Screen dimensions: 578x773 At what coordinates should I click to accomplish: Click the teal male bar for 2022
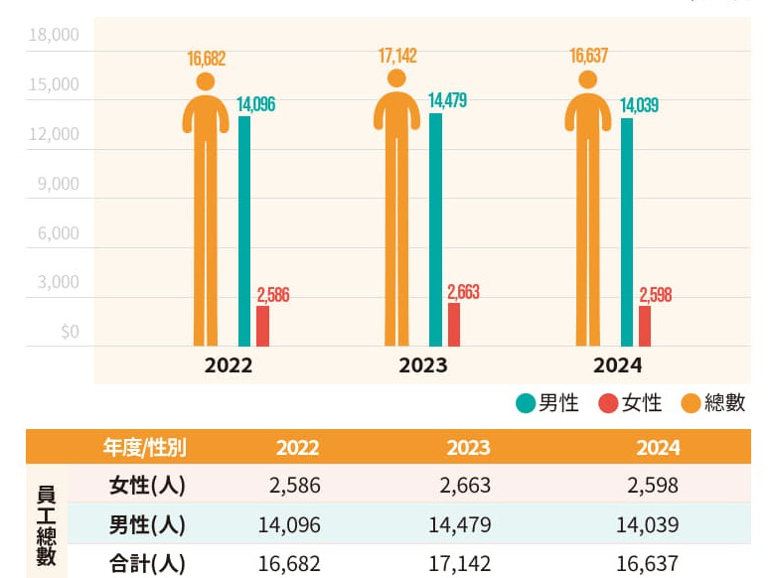tap(244, 230)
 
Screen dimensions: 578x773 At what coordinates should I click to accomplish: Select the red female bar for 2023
tap(454, 324)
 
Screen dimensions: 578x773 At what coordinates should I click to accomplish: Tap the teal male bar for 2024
tap(627, 231)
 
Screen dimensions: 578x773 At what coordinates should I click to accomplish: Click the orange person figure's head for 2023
tap(396, 78)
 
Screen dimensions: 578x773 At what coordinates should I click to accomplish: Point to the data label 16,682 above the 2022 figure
tap(207, 59)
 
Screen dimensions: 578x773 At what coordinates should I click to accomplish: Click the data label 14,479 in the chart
tap(447, 101)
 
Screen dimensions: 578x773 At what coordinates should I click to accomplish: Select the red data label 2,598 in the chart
tap(656, 295)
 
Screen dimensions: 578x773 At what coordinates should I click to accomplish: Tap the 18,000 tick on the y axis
tap(54, 36)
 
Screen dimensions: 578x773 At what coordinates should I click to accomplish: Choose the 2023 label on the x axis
tap(423, 365)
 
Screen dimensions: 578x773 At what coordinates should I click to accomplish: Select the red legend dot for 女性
tap(608, 403)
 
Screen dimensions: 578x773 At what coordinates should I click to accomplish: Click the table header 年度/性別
tap(144, 448)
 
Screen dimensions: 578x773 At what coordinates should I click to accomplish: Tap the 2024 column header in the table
tap(658, 448)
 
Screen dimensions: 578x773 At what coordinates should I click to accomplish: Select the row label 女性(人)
tap(146, 486)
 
